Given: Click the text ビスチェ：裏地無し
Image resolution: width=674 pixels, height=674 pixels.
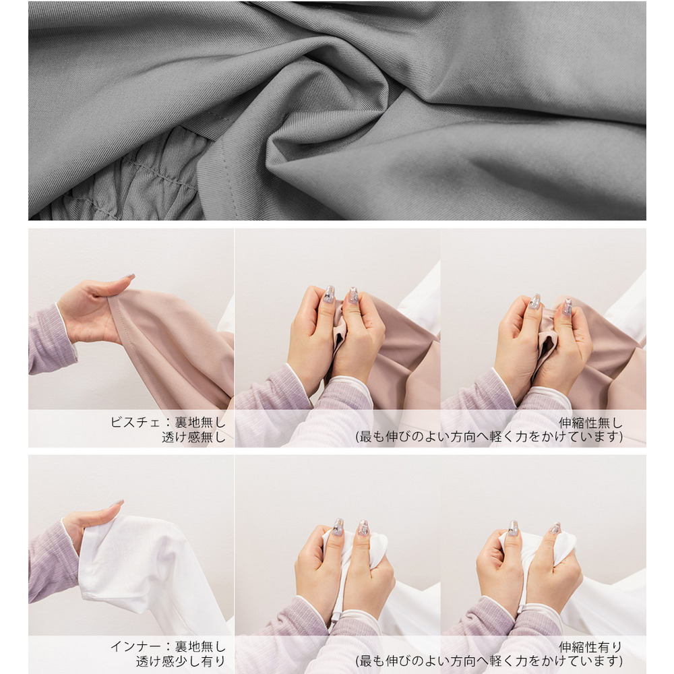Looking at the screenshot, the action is tap(168, 423).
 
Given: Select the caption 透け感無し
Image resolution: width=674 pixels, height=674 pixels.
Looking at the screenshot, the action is tap(193, 437).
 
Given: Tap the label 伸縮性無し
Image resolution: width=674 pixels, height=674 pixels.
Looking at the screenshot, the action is tap(590, 423).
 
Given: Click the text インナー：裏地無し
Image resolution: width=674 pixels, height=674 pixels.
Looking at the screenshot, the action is tap(168, 646).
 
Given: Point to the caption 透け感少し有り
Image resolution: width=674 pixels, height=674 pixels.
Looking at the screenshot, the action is tap(181, 661).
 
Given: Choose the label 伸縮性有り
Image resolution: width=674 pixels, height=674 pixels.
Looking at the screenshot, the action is tap(590, 647).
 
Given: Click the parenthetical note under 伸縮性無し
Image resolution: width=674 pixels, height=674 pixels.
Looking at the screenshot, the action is tap(489, 437).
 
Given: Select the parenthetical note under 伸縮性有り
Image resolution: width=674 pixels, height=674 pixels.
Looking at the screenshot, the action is tap(489, 661).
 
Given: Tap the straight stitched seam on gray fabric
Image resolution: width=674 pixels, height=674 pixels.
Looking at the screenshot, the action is tap(227, 181).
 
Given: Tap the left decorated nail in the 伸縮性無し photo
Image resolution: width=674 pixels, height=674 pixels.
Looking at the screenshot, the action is tap(535, 302).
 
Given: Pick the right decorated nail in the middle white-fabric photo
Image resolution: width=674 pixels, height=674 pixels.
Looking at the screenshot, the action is tap(364, 528).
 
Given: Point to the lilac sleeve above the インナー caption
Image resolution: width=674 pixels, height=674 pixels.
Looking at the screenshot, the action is tap(52, 563).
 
